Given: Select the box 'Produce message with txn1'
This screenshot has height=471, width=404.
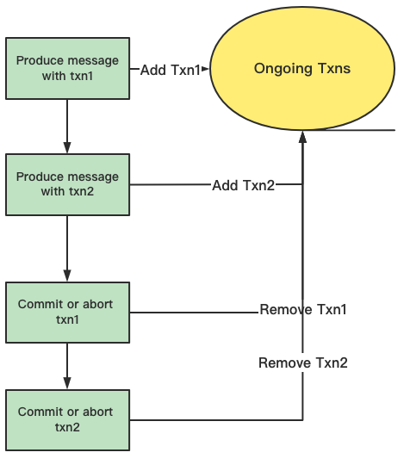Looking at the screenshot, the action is click(x=68, y=68).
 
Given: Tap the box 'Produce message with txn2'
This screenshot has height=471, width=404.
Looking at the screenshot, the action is click(x=68, y=184).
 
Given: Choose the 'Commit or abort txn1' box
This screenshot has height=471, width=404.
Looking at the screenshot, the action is click(x=68, y=313).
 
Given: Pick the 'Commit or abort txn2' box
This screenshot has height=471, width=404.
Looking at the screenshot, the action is click(x=68, y=420).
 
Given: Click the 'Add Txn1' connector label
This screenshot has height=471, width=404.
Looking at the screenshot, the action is click(x=171, y=70).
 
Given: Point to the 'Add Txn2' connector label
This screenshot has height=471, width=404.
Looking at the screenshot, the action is click(x=243, y=185).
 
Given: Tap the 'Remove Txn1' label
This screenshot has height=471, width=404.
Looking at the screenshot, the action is click(x=303, y=309).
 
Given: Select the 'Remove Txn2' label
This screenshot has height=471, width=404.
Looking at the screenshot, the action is click(x=303, y=363).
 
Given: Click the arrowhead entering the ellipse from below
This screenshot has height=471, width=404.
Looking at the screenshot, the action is click(x=302, y=137).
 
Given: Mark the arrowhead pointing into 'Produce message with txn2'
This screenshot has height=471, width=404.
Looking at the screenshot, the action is click(x=67, y=147).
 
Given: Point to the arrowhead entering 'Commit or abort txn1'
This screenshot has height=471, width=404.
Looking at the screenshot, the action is click(x=67, y=276).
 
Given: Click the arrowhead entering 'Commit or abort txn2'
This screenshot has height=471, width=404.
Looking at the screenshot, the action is click(x=67, y=383).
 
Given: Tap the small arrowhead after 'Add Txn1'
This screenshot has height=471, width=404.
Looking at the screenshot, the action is click(x=205, y=69).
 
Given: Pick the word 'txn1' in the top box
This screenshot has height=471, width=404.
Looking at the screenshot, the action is click(x=82, y=76).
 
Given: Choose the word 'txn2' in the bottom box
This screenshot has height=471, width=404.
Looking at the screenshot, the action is click(x=67, y=427).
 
